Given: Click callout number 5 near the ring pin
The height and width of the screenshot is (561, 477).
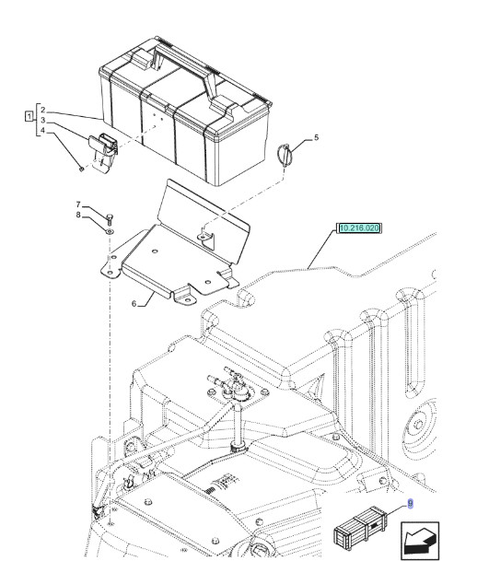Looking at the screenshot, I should (316, 137).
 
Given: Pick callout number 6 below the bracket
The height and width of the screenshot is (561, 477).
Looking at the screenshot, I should (134, 302).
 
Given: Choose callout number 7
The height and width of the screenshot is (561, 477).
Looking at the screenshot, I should (78, 205).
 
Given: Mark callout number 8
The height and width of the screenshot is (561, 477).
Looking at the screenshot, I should (78, 216).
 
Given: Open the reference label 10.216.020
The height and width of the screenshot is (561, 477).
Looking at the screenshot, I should (360, 227).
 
